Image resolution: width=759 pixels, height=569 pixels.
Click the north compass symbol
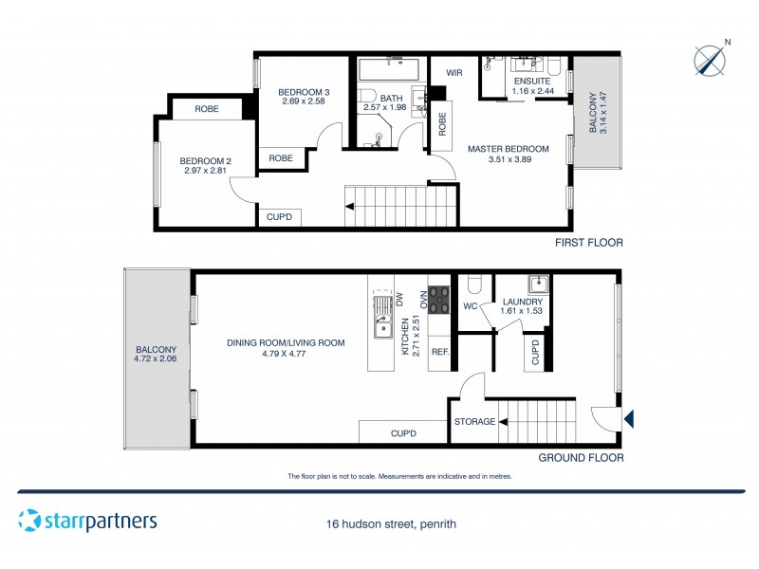tap(709, 59)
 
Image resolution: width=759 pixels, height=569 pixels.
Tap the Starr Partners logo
tap(87, 521)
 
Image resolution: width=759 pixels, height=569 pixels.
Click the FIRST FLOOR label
tap(589, 243)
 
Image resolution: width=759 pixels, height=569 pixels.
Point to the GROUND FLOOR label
tap(581, 457)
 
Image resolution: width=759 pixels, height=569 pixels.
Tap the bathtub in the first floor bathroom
tap(393, 71)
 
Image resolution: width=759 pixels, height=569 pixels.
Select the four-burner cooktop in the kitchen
tap(438, 300)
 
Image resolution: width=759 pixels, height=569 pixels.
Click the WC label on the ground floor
tap(470, 306)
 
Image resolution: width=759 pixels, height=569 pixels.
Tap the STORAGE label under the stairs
tap(474, 421)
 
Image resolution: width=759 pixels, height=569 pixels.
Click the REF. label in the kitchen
tap(439, 352)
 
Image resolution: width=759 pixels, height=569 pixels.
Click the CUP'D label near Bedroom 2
tap(279, 217)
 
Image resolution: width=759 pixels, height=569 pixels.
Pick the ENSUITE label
tap(532, 82)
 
